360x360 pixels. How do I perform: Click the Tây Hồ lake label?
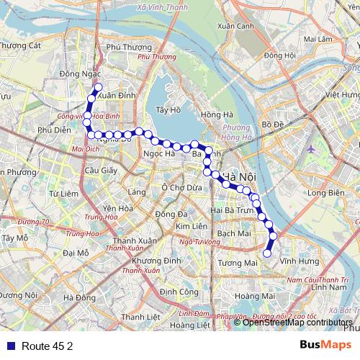click(x=166, y=110)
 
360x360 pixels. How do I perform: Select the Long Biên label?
click(x=323, y=193)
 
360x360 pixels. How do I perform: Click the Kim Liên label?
click(x=192, y=226)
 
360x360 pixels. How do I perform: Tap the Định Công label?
click(x=179, y=292)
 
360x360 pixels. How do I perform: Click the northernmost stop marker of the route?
click(x=98, y=87)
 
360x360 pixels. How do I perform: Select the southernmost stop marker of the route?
click(x=267, y=253)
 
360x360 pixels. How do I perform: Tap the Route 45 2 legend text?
click(x=48, y=346)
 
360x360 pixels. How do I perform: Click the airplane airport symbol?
click(x=310, y=149)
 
